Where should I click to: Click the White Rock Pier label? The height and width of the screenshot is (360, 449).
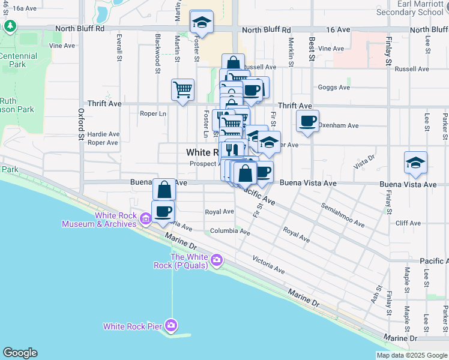pos(133,326)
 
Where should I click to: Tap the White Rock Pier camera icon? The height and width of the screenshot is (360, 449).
pos(172,326)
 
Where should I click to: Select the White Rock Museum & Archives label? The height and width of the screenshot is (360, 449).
pos(100,220)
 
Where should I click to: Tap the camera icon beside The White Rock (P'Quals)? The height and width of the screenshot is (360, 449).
pos(217,261)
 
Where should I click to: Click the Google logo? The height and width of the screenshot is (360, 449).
pos(20,353)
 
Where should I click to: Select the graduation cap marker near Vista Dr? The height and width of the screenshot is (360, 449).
pos(415,163)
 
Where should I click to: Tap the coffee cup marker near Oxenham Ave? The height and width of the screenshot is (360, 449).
pos(307,121)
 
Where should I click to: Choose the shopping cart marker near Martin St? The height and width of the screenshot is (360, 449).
pos(182,90)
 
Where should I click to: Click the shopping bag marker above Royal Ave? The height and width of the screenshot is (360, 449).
pos(164,190)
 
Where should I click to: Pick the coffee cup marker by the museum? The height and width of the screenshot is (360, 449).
pos(163,211)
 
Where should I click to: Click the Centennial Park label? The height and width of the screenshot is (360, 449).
pos(18,60)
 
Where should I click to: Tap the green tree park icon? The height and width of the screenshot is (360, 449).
pos(10,26)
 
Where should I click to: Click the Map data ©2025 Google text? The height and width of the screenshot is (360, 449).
pos(412,355)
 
